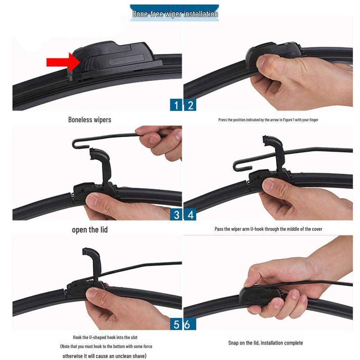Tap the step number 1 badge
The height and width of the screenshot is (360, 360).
coord(176,105)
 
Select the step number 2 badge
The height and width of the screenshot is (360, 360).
coord(190,105)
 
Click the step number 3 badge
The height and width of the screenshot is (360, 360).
coord(176,214)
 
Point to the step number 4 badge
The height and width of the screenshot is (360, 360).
coord(190,214)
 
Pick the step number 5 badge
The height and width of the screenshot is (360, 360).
coord(176,324)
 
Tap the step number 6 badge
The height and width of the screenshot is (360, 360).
coord(187,324)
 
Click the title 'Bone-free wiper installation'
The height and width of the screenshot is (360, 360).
coord(175,14)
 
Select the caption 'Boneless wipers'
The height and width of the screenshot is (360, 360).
coord(90,120)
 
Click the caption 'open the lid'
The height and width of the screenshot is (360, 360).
coord(90,230)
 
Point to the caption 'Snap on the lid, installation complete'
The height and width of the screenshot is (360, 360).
coord(265,343)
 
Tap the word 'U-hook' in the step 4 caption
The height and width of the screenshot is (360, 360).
coord(258,229)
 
